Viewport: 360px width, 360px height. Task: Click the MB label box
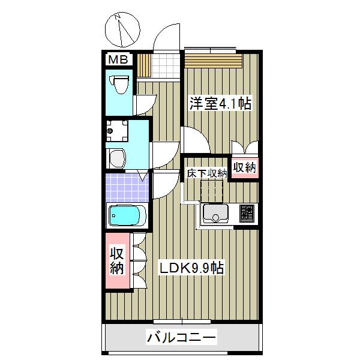(x=118, y=59)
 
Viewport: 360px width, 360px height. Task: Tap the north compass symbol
(x=122, y=30)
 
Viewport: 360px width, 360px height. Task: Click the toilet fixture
(x=119, y=85)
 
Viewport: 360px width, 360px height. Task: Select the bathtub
(x=127, y=215)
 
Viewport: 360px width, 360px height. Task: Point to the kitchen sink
(x=215, y=214)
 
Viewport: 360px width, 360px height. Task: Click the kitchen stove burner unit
(x=247, y=214)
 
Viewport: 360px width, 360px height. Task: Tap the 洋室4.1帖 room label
(x=220, y=104)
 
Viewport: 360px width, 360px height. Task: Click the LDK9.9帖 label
(x=191, y=268)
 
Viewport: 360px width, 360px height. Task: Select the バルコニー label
(x=181, y=337)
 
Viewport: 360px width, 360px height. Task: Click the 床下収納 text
(x=207, y=173)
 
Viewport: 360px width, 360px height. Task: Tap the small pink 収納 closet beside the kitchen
(x=245, y=167)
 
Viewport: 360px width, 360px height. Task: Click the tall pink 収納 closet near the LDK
(x=118, y=260)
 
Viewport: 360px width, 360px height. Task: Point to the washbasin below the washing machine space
(x=117, y=158)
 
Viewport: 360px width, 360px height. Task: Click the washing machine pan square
(x=117, y=131)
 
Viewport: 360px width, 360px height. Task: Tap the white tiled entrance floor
(x=166, y=66)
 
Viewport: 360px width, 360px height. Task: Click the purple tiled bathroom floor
(x=127, y=188)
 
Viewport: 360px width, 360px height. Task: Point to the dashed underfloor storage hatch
(x=212, y=191)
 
